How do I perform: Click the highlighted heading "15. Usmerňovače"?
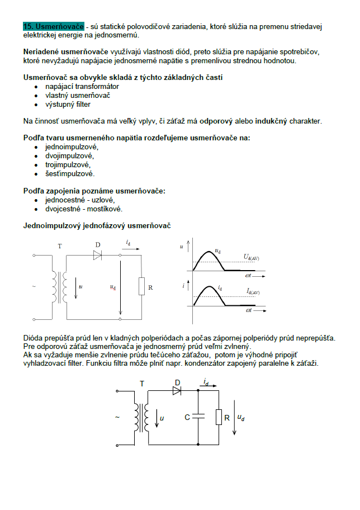click(x=54, y=26)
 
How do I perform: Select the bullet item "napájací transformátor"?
click(x=82, y=87)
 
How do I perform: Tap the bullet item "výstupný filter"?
click(x=68, y=105)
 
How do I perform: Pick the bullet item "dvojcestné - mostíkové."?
click(x=84, y=209)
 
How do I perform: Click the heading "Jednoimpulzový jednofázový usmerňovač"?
click(x=97, y=226)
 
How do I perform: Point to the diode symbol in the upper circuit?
click(x=98, y=255)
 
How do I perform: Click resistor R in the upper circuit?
click(x=141, y=287)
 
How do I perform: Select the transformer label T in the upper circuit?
click(x=60, y=246)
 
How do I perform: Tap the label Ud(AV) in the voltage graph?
click(x=252, y=257)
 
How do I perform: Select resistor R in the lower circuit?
click(x=219, y=417)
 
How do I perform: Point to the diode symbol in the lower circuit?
click(x=177, y=391)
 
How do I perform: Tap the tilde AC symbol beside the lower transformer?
click(x=117, y=417)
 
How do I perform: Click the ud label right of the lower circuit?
click(x=240, y=417)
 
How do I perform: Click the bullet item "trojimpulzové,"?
click(x=68, y=165)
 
